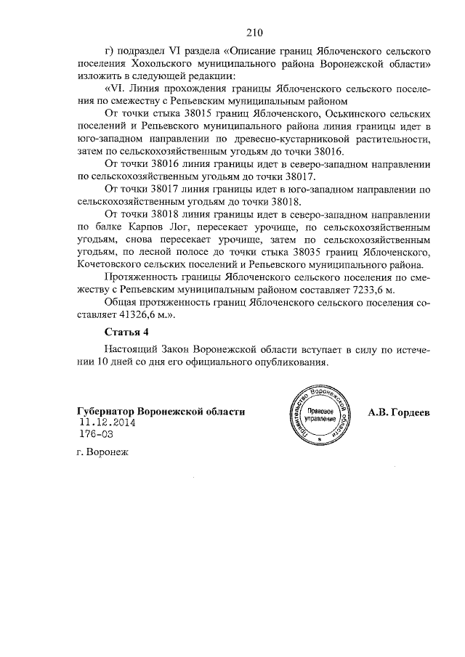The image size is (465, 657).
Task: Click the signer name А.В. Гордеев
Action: click(400, 412)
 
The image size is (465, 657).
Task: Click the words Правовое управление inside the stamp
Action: click(316, 416)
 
